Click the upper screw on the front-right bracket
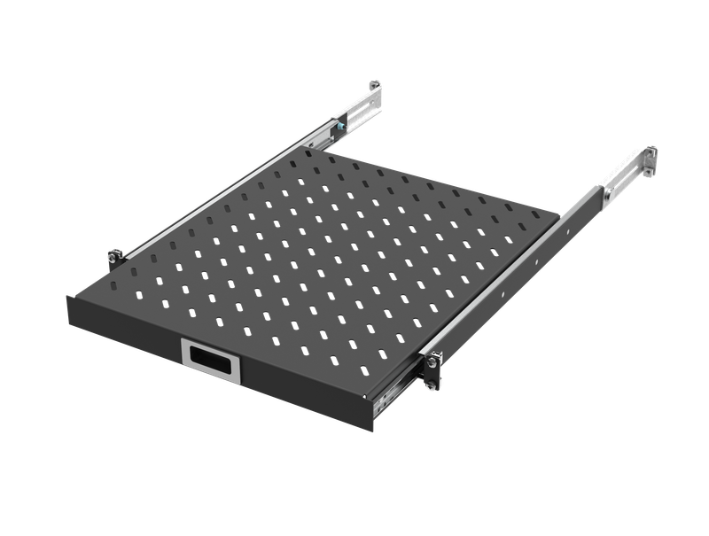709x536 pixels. [434, 358]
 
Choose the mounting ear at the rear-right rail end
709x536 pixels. [650, 160]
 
